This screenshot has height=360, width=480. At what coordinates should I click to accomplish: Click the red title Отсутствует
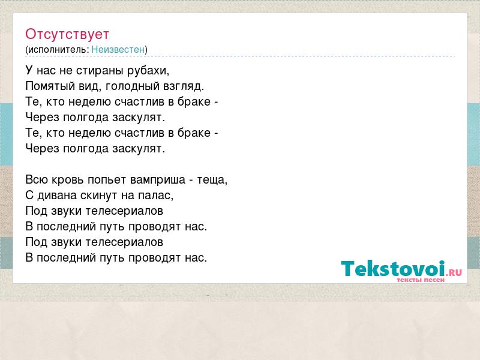[x=67, y=34]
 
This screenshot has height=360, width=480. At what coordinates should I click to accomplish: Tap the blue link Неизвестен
[x=118, y=49]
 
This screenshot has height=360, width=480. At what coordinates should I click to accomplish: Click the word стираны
[x=100, y=71]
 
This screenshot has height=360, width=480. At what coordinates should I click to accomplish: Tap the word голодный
[x=132, y=86]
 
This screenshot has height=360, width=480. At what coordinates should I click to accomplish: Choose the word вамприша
[x=158, y=179]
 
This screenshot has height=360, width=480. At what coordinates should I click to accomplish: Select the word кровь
[x=68, y=179]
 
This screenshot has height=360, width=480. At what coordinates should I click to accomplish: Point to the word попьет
[x=107, y=179]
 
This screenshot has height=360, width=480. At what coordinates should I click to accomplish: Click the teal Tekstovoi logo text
[x=393, y=269]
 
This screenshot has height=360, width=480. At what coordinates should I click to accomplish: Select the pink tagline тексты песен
[x=421, y=280]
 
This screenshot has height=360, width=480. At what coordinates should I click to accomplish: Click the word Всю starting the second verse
[x=37, y=179]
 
